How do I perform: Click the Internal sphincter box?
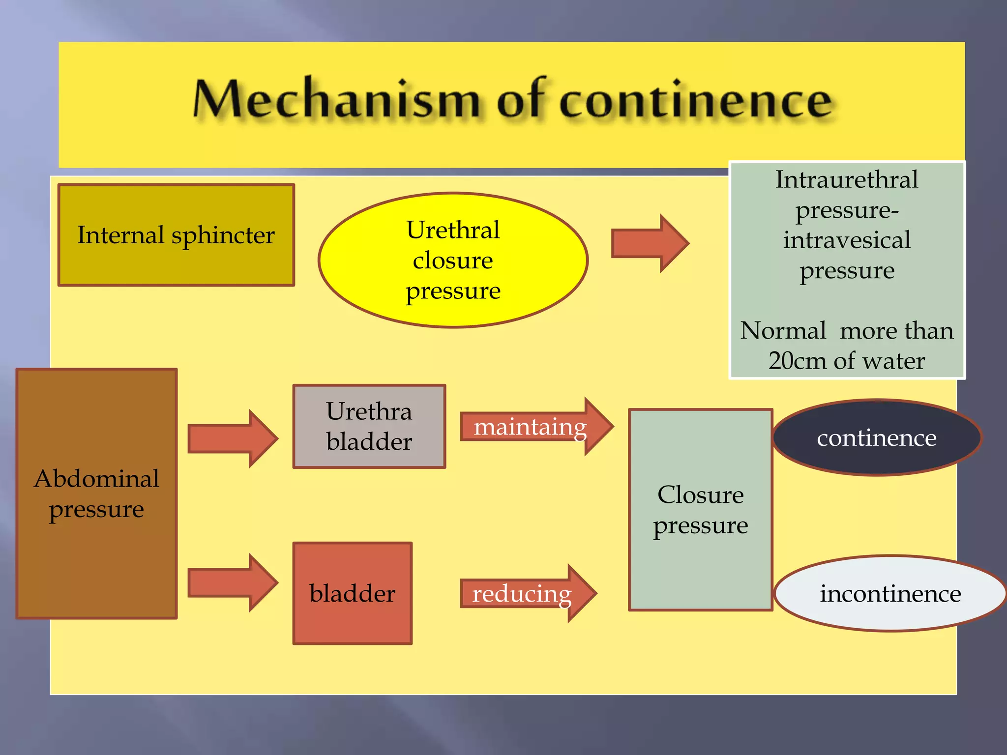[x=176, y=235]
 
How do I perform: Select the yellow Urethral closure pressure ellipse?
[x=453, y=260]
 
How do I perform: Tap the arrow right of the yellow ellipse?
[x=649, y=243]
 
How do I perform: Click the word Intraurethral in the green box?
[x=847, y=179]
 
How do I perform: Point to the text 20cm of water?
[x=847, y=361]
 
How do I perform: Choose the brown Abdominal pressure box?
[x=97, y=494]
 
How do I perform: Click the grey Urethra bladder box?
[x=369, y=426]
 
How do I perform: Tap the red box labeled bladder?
[x=353, y=593]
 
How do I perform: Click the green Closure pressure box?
[x=701, y=510]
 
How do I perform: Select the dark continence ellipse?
[x=877, y=437]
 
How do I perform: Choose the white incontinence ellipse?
[x=890, y=594]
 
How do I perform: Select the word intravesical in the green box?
[x=847, y=240]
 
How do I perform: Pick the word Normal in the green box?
[x=783, y=330]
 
